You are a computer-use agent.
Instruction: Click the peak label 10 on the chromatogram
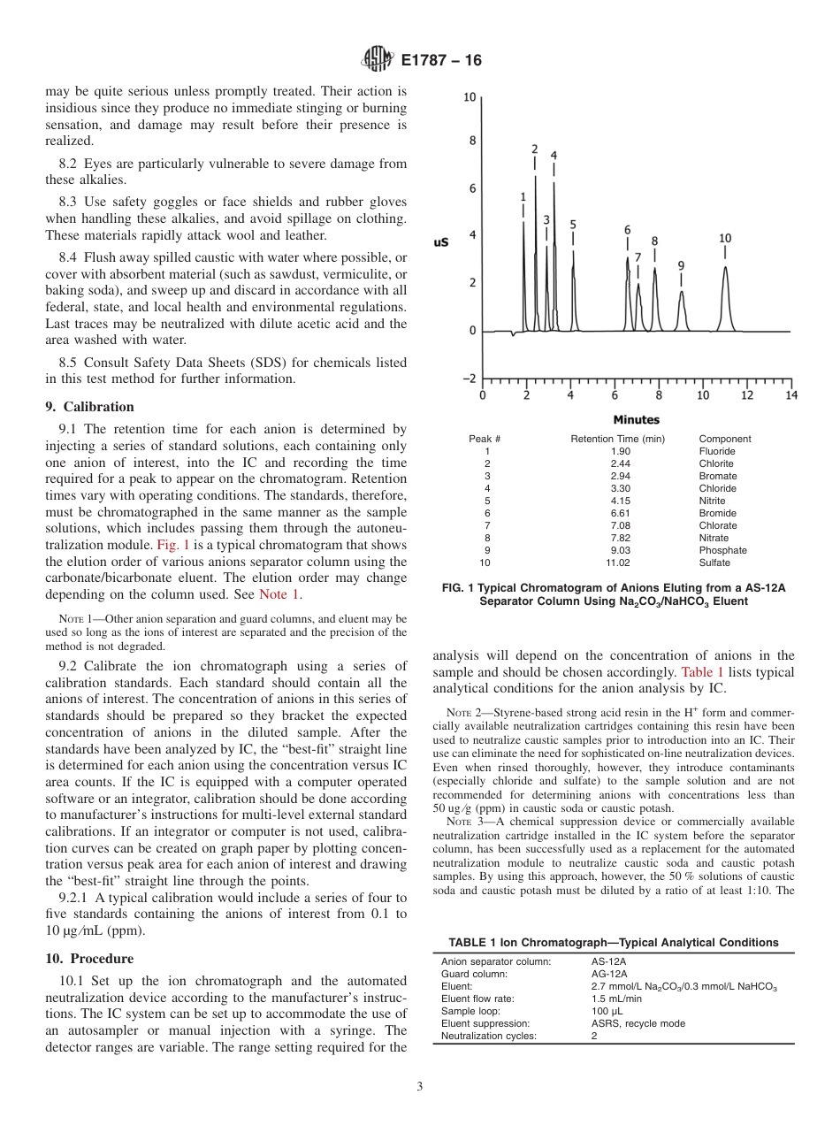725,238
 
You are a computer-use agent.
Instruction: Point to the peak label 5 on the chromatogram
573,225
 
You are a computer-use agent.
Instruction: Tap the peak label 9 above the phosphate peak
681,264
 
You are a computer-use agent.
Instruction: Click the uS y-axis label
440,241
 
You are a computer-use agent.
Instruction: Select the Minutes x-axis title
636,419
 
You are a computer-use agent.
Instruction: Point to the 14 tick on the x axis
790,395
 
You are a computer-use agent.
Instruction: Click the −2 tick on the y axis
469,378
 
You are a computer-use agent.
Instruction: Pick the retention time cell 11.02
617,562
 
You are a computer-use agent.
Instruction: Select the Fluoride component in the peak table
716,451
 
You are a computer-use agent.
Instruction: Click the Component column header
724,439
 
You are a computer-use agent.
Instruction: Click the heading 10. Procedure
89,959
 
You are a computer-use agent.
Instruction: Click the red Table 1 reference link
703,672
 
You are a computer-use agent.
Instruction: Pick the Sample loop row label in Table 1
470,1011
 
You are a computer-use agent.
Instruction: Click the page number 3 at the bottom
419,1087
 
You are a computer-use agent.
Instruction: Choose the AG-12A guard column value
609,974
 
